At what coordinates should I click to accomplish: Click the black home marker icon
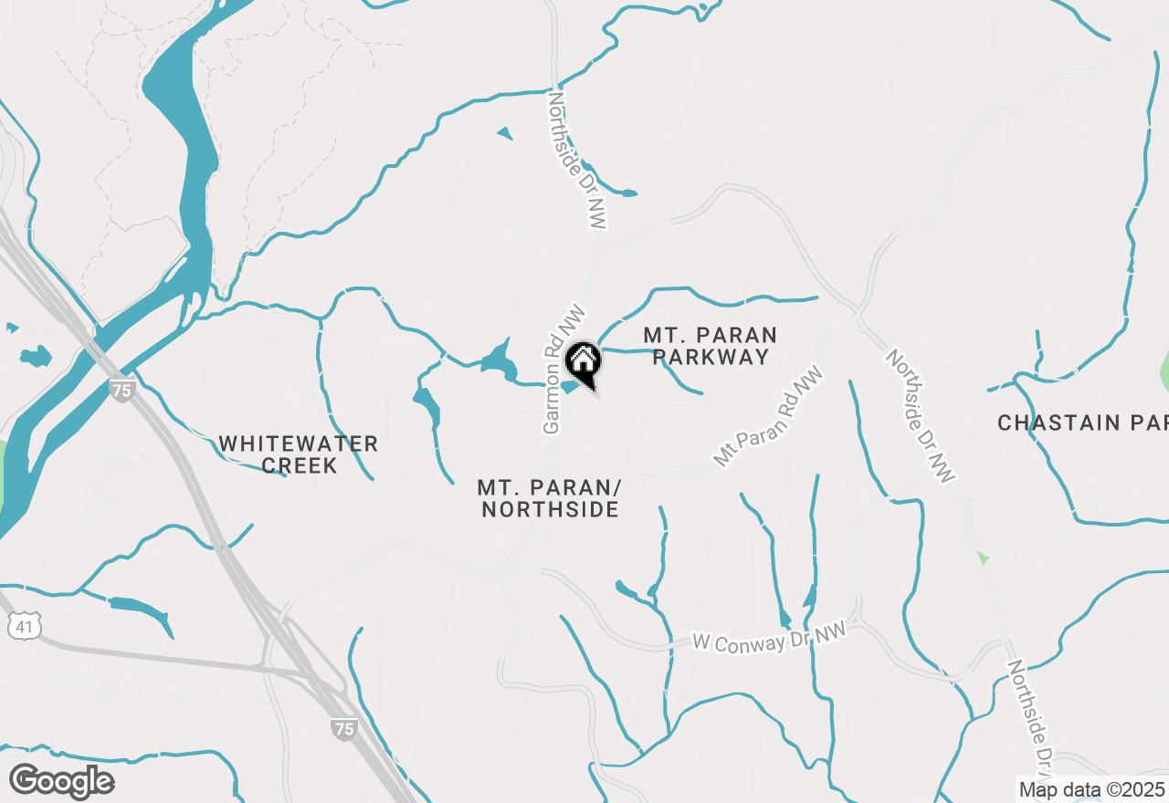583,362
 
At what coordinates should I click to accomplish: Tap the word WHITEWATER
298,444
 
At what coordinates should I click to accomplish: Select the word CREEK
300,465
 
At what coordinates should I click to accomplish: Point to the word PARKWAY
711,357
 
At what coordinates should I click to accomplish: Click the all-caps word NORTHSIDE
550,509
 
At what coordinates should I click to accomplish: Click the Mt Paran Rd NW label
768,417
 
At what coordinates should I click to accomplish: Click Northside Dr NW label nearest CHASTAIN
921,415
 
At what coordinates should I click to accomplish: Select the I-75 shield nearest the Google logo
342,727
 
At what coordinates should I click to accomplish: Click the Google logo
61,782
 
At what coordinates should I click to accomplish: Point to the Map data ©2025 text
1091,789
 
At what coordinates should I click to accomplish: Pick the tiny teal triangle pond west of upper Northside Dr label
505,133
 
